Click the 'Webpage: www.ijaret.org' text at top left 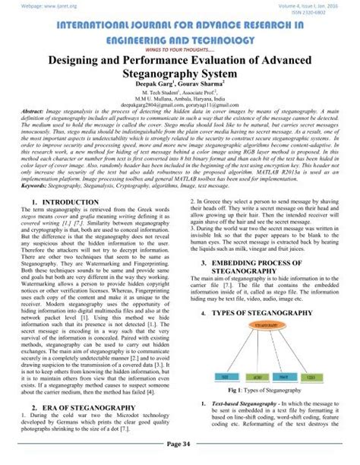(31, 6)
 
